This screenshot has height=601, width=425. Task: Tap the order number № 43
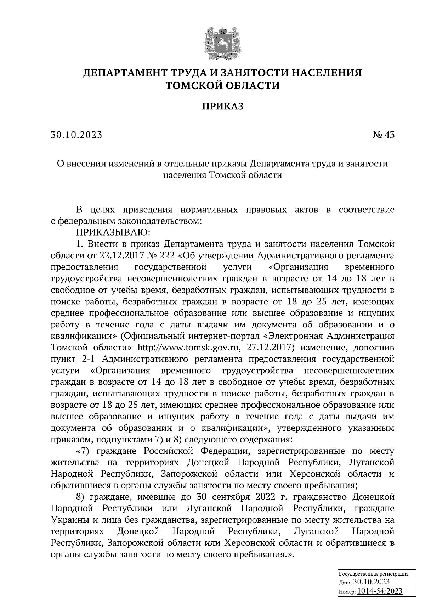click(383, 135)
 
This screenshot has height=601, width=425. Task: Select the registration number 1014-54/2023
click(380, 591)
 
